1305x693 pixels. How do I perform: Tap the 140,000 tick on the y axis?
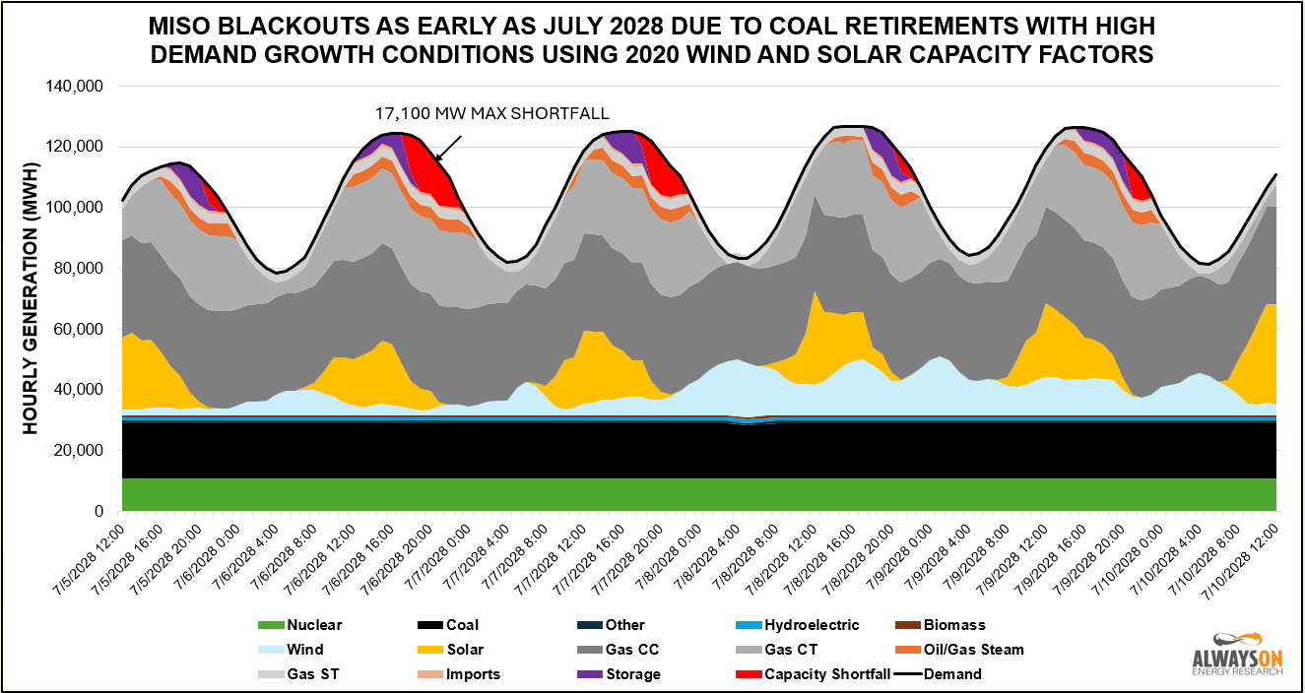coord(76,87)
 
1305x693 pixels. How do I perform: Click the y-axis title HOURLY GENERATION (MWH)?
coord(31,299)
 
